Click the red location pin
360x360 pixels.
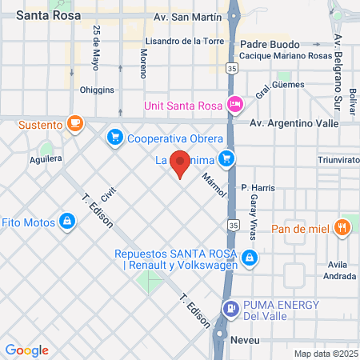pos(181,163)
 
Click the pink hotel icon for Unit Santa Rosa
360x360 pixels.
pos(234,104)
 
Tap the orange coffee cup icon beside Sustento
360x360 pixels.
pos(74,123)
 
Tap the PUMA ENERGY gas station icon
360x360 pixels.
pos(230,307)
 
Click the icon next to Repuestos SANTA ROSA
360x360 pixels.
pos(250,257)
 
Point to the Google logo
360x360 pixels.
pos(26,350)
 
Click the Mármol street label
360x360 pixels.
pos(210,185)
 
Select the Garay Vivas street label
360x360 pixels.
pos(254,208)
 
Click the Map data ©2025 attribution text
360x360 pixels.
pos(325,354)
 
